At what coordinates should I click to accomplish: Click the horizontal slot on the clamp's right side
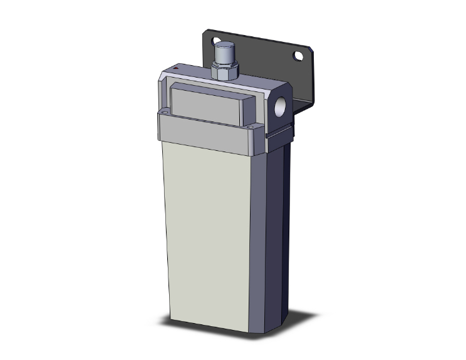coord(279,132)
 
